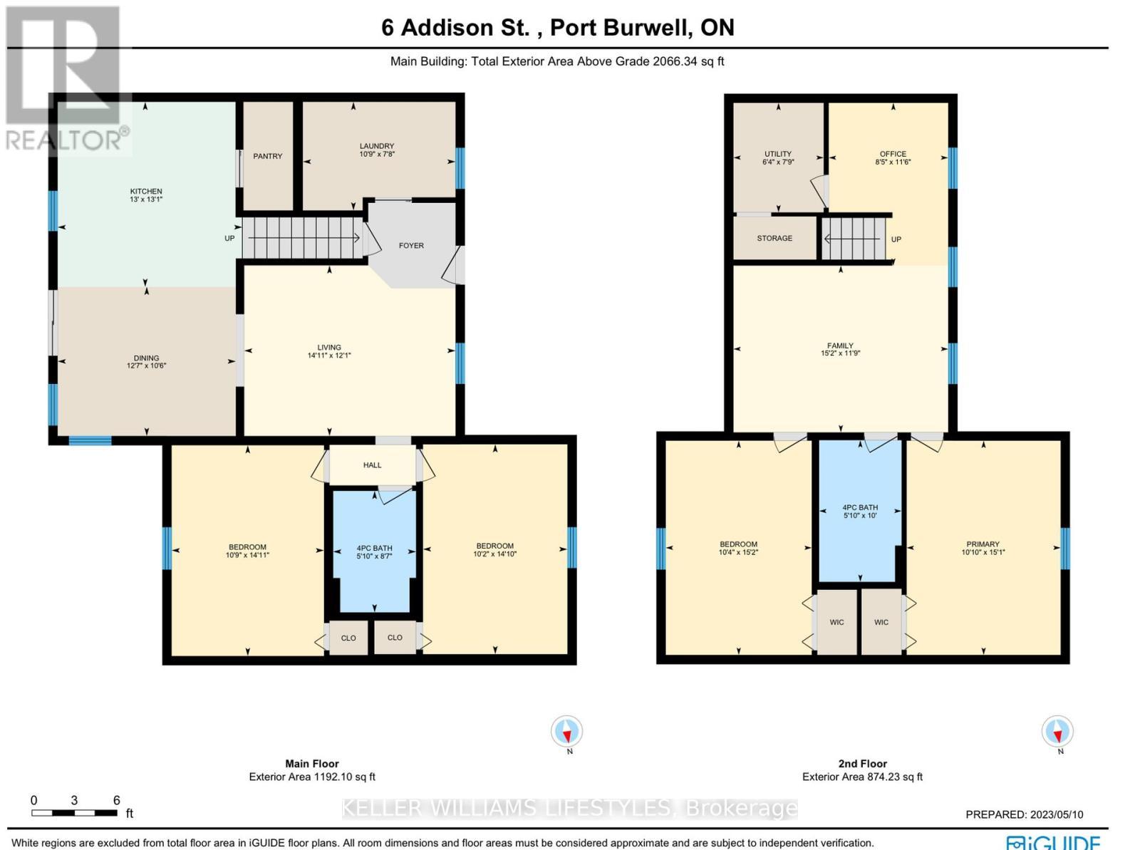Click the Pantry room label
pos(268,156)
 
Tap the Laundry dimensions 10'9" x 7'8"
pos(376,154)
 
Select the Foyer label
pos(411,246)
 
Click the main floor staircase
pos(302,238)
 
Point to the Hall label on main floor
pos(372,465)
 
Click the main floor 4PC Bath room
pos(374,552)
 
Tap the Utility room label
pos(777,154)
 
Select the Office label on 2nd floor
pos(892,154)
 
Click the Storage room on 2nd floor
pos(774,238)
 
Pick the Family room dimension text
pos(841,353)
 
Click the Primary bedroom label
pos(983,544)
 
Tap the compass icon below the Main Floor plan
pos(567,732)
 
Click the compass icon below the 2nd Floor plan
pos(1057,732)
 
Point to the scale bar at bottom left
pos(74,813)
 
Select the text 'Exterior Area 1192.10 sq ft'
pos(312,777)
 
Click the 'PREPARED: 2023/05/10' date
pos(1024,814)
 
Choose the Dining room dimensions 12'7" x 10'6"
pos(146,366)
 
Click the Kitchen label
pos(146,191)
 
